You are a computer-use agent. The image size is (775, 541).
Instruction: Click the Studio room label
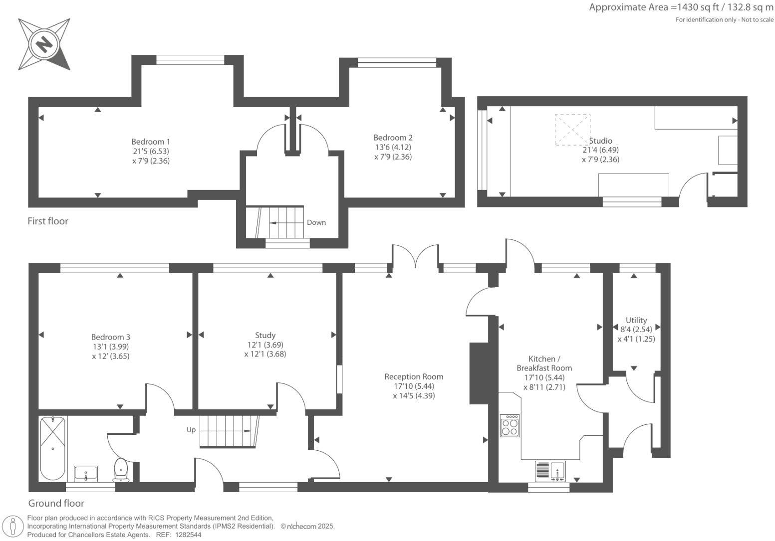(x=600, y=141)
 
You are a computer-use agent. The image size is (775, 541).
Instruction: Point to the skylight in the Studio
(x=572, y=130)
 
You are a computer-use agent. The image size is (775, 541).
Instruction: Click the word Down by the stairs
(x=316, y=222)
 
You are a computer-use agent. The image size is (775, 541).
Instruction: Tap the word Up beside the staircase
(x=191, y=430)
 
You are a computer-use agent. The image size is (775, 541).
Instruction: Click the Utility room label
(x=636, y=320)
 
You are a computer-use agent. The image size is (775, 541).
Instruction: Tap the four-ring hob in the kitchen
(x=510, y=425)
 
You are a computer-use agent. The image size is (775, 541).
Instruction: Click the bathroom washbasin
(x=86, y=473)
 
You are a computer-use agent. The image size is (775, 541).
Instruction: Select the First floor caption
(x=48, y=221)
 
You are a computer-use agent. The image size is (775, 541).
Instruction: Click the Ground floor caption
(x=56, y=503)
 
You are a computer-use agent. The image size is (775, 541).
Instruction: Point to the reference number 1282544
(x=186, y=535)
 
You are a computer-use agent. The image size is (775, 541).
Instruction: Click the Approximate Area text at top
(x=681, y=7)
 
